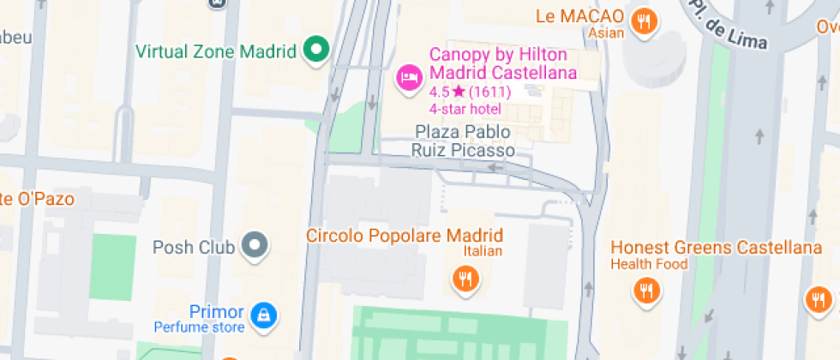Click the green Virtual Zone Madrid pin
[316, 50]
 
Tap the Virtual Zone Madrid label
[215, 51]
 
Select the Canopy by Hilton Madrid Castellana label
[501, 63]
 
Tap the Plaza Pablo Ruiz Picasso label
[463, 141]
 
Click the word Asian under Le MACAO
[606, 33]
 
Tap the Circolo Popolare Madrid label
[405, 236]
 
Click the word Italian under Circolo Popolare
[483, 251]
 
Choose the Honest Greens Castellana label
[716, 248]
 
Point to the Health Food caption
[649, 264]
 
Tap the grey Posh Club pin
[255, 247]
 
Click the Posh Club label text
[193, 248]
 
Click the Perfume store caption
[199, 327]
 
